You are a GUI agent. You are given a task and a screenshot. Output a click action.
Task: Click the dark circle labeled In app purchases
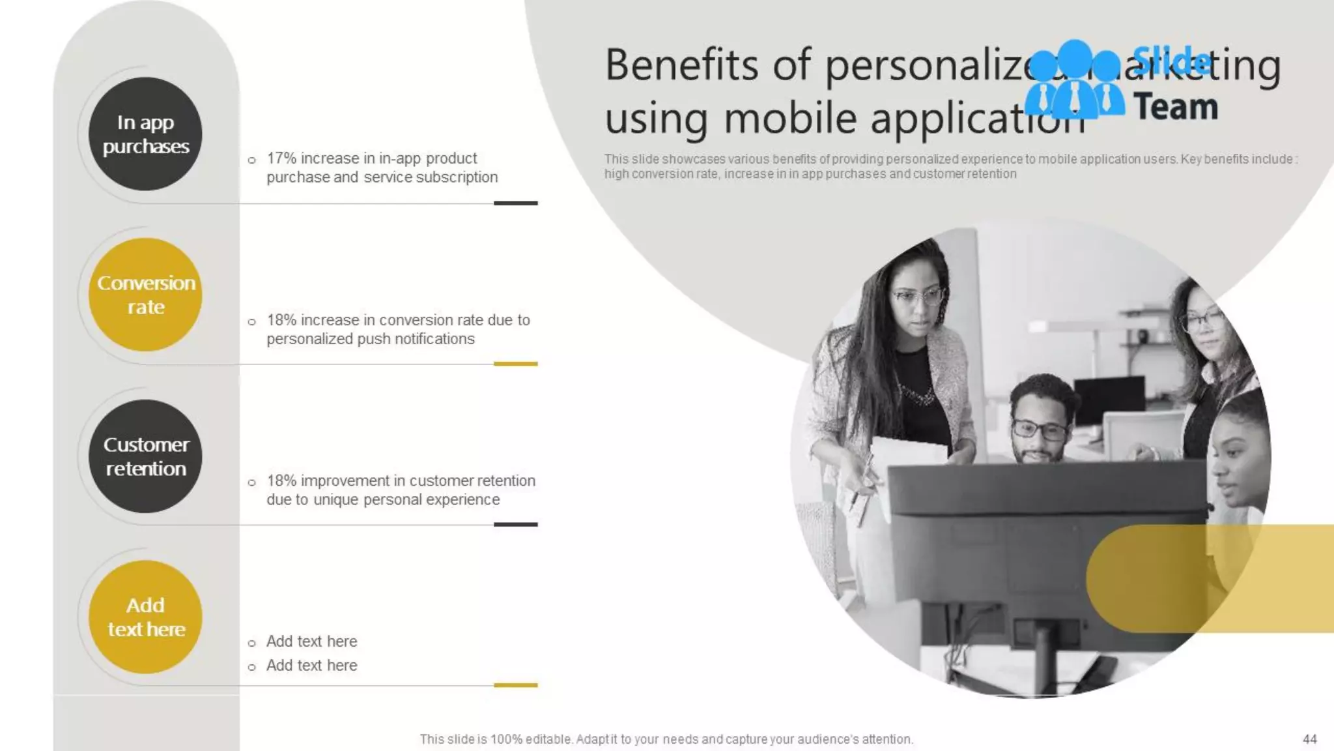click(x=145, y=134)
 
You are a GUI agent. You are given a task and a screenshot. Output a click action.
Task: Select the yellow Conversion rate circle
click(x=145, y=295)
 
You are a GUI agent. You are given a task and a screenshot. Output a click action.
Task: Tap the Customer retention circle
click(x=145, y=456)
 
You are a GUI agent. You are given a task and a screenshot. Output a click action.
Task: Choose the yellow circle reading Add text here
click(x=145, y=617)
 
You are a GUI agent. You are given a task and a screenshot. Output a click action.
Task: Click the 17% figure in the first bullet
click(x=281, y=158)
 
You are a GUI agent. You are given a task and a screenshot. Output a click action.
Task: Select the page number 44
click(x=1309, y=739)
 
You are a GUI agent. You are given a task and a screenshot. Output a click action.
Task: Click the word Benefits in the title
click(x=681, y=65)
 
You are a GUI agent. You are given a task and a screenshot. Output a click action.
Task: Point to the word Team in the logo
click(x=1176, y=107)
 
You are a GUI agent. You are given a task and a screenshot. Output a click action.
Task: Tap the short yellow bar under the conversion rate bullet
click(x=515, y=364)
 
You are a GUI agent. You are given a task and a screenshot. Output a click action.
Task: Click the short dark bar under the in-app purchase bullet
click(x=515, y=203)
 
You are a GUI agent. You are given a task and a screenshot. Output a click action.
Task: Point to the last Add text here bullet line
click(x=311, y=666)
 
